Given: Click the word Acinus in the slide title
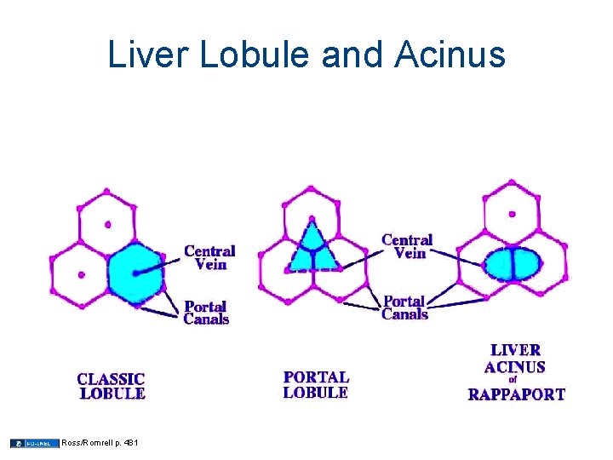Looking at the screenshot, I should click(x=450, y=56).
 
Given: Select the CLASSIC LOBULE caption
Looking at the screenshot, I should click(x=112, y=387).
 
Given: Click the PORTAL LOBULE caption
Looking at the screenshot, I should click(x=316, y=384).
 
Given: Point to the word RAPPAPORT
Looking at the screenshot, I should click(x=516, y=394).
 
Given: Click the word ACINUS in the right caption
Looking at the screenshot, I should click(x=515, y=367).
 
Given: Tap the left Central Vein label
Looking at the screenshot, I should click(x=209, y=257).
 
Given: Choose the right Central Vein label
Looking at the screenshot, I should click(x=407, y=246).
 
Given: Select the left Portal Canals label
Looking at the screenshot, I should click(x=206, y=313).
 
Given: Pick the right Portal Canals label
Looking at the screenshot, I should click(x=404, y=308).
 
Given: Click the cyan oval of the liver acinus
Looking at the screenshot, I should click(x=513, y=263).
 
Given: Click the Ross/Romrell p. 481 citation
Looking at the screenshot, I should click(x=100, y=443).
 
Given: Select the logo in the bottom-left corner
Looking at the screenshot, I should click(x=34, y=443).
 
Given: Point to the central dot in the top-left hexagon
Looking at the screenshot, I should click(x=107, y=225).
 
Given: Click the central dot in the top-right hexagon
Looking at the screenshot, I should click(x=512, y=214).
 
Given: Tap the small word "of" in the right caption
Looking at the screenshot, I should click(x=513, y=381).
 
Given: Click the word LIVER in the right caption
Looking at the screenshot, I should click(x=515, y=350).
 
